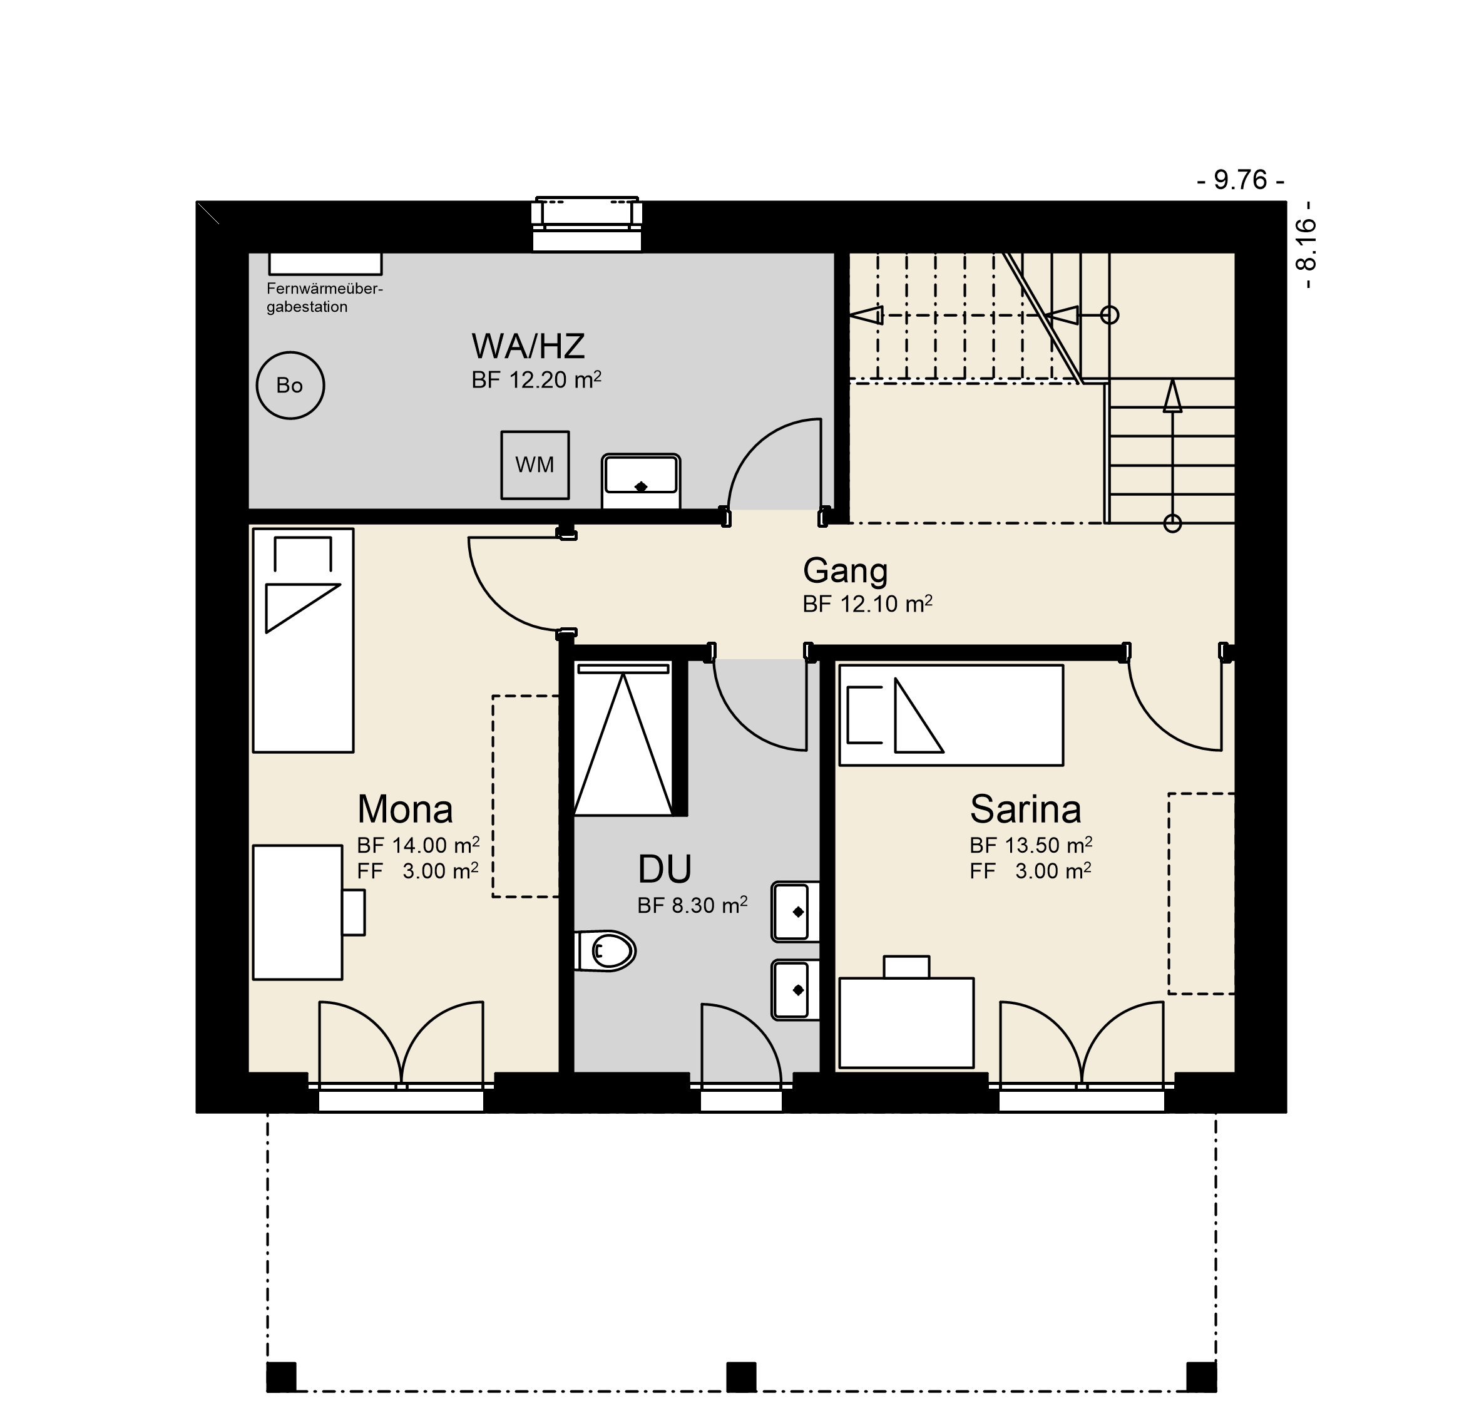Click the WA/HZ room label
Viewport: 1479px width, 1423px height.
(528, 346)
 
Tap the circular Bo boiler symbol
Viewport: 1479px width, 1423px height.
(290, 385)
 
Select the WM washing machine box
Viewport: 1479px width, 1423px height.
(535, 465)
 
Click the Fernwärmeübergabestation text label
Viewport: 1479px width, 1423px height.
(324, 298)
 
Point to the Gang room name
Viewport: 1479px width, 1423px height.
(845, 572)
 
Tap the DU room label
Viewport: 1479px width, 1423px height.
(665, 869)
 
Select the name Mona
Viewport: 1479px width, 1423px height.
(405, 809)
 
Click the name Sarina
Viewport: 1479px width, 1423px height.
(1025, 809)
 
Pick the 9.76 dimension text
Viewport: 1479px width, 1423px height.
(1241, 180)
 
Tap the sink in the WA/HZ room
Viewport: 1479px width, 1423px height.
(641, 481)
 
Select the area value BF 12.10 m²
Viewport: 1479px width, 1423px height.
(867, 604)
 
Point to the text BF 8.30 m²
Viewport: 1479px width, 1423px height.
(693, 905)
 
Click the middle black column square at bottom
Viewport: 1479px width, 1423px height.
(741, 1377)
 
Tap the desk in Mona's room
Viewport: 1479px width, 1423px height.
(297, 913)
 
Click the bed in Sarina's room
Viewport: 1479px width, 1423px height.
(951, 715)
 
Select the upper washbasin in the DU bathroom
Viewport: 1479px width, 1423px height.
(796, 911)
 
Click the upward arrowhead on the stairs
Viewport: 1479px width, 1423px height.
(1172, 396)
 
